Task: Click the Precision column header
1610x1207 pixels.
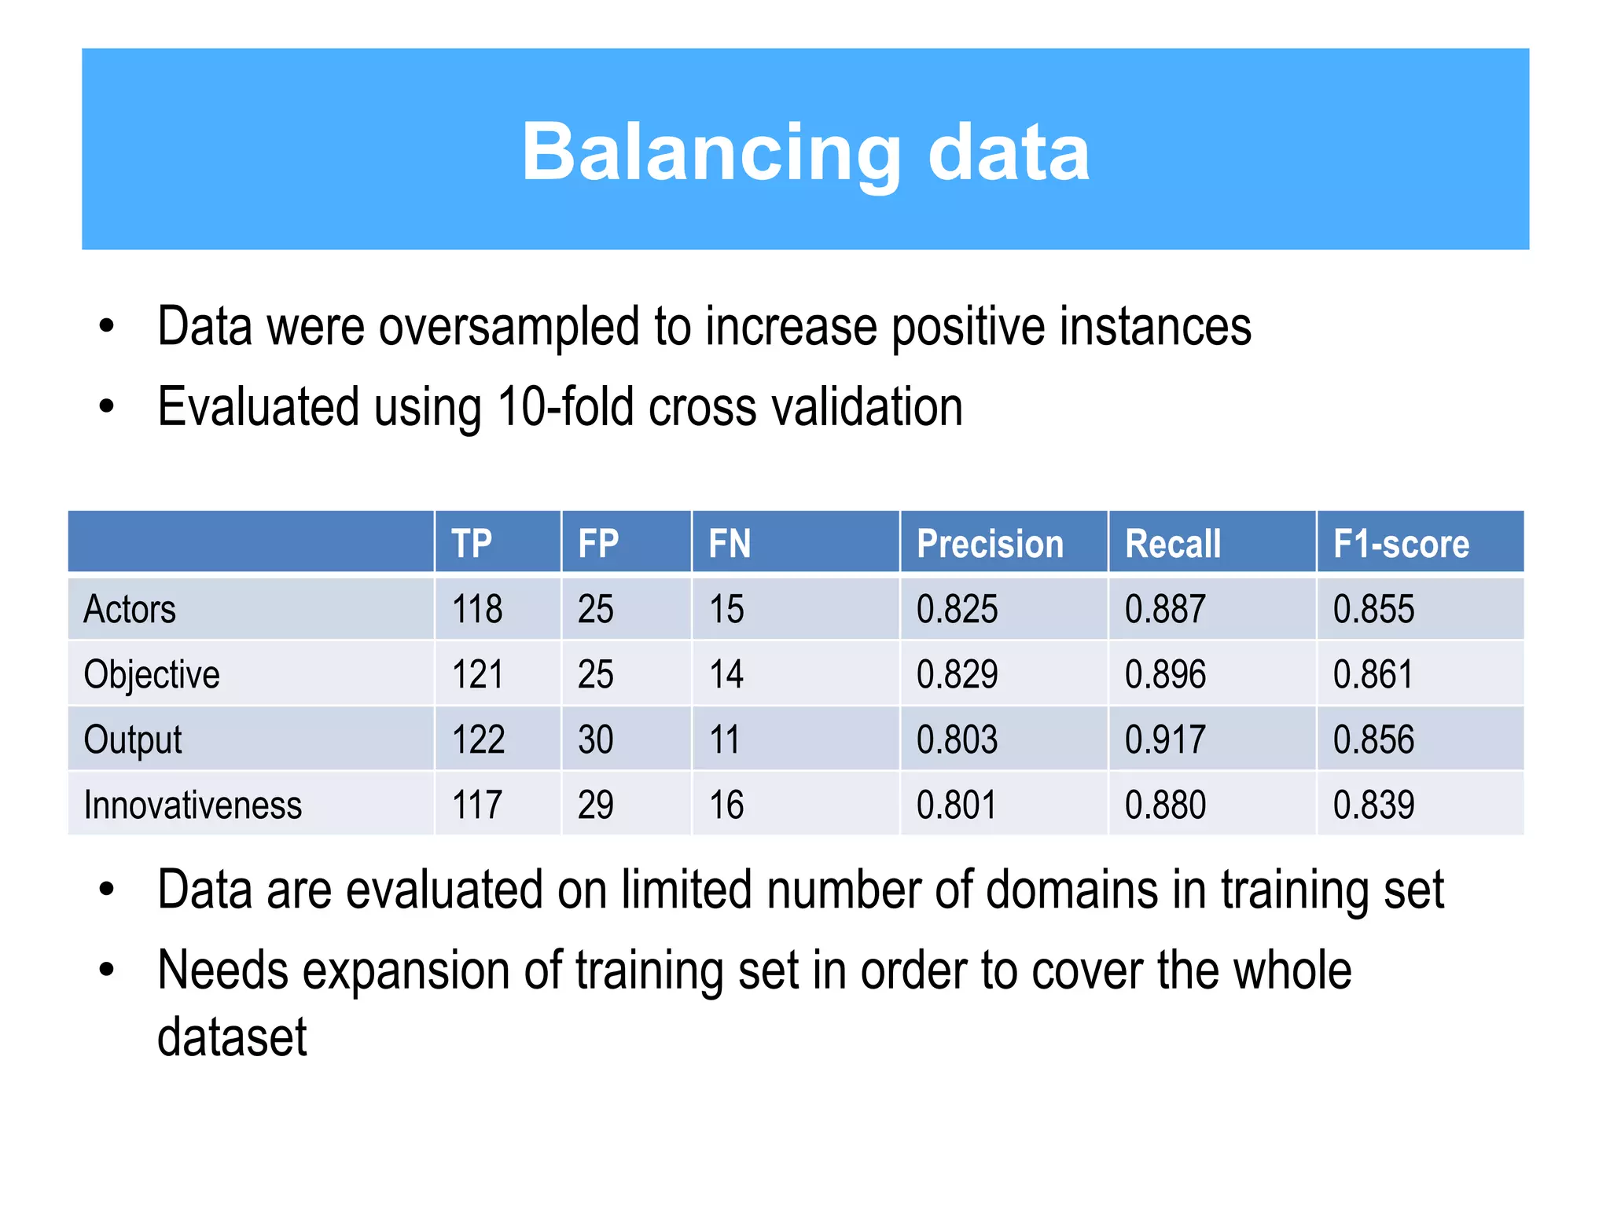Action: coord(990,544)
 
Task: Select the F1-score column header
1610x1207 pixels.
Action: coord(1401,544)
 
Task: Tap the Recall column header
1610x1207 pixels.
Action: coord(1172,544)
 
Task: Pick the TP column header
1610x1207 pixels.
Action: coord(472,544)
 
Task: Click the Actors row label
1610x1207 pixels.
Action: coord(130,610)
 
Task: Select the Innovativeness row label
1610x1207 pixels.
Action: coord(193,805)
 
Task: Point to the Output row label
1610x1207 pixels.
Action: coord(133,740)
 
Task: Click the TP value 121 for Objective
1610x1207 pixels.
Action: coord(477,675)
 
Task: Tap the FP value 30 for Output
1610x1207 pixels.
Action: coord(595,740)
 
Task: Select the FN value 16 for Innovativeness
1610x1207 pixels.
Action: coord(726,805)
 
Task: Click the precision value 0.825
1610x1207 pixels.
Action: coord(957,610)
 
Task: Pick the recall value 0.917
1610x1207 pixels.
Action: coord(1164,740)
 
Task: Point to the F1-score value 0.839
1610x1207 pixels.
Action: coord(1373,805)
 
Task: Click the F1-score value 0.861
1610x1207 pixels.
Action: coord(1373,675)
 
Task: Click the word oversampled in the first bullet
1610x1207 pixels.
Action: coord(509,328)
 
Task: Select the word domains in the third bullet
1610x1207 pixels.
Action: coord(1072,890)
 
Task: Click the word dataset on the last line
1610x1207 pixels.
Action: coord(232,1037)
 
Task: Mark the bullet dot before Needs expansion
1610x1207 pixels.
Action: coord(107,970)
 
